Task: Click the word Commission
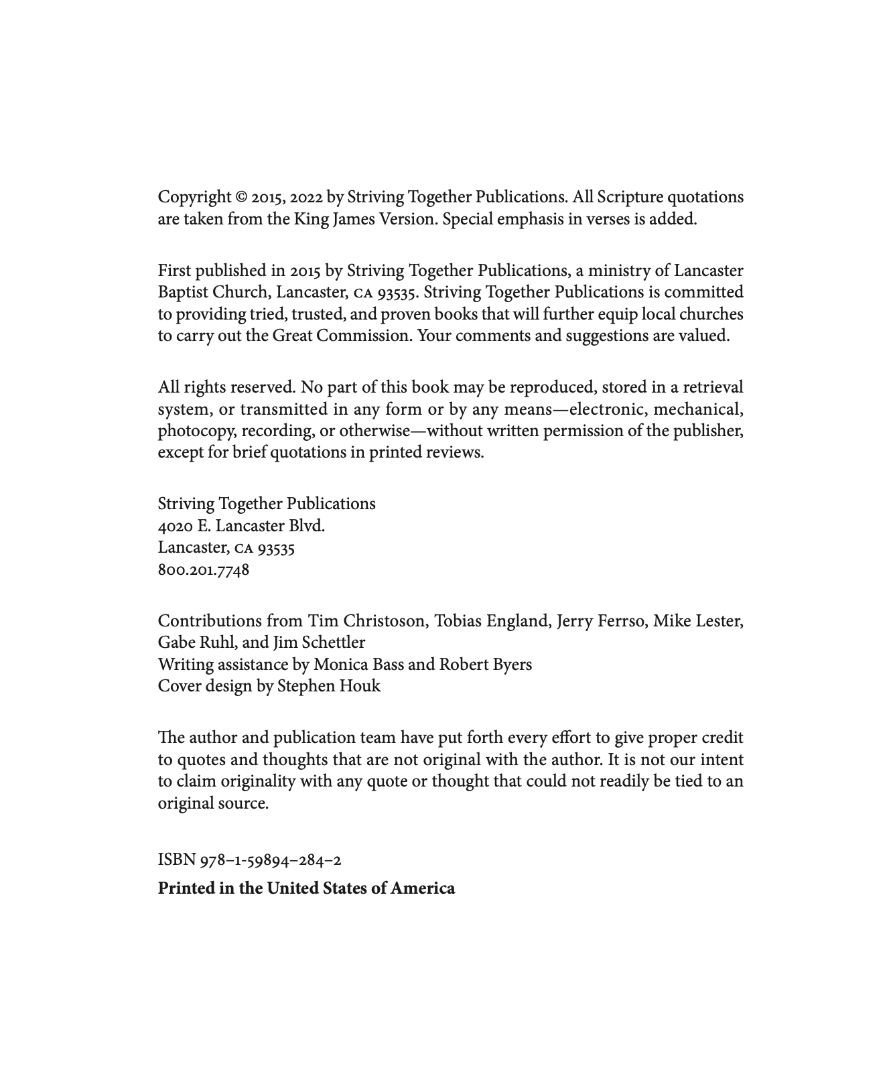tap(363, 336)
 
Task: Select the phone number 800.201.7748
tap(204, 570)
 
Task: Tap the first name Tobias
tap(458, 622)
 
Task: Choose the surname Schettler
tap(333, 643)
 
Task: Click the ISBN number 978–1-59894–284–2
tap(270, 860)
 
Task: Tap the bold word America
tap(423, 889)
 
